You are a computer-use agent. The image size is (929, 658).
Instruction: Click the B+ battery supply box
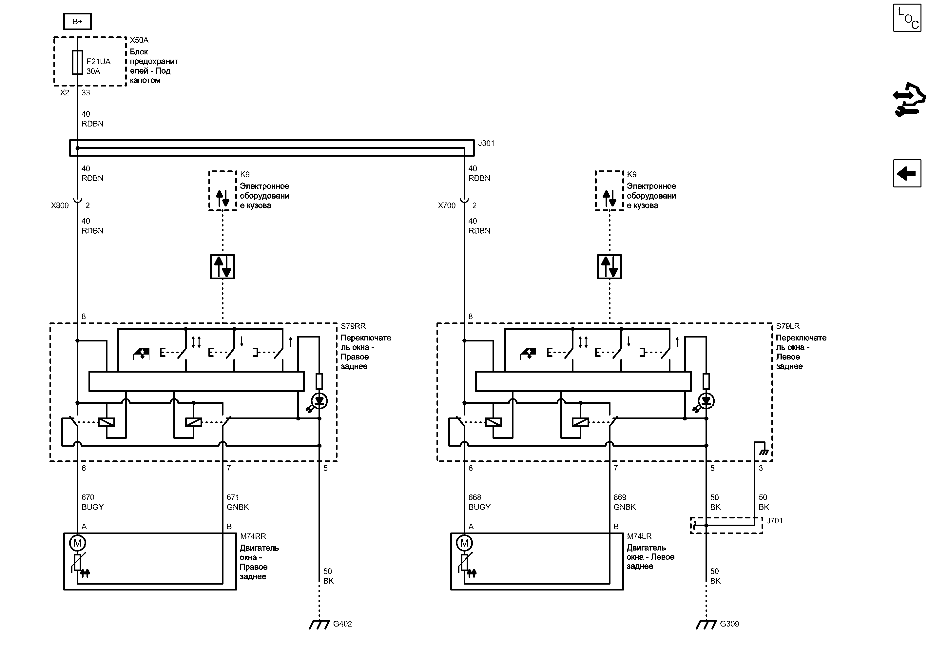point(77,22)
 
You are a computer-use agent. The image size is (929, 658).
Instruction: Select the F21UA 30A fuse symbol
point(77,62)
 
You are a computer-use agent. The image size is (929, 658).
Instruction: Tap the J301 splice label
point(486,144)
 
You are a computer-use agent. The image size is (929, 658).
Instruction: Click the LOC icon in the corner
point(907,18)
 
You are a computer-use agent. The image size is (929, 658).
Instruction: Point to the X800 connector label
point(60,206)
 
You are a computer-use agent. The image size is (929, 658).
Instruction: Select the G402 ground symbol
point(319,624)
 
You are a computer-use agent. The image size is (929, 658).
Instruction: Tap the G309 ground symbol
point(706,624)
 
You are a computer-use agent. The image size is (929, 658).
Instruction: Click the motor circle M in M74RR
point(77,543)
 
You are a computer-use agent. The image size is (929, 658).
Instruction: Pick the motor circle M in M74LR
point(464,543)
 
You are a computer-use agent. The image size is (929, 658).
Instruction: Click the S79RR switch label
point(353,326)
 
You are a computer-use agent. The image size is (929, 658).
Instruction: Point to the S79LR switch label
point(788,326)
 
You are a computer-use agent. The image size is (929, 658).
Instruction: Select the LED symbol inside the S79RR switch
point(319,401)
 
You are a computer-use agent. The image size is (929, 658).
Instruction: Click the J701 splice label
point(774,521)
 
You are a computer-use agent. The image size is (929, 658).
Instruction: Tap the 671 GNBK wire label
point(238,502)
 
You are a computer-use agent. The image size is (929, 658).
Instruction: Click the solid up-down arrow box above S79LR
point(610,267)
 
